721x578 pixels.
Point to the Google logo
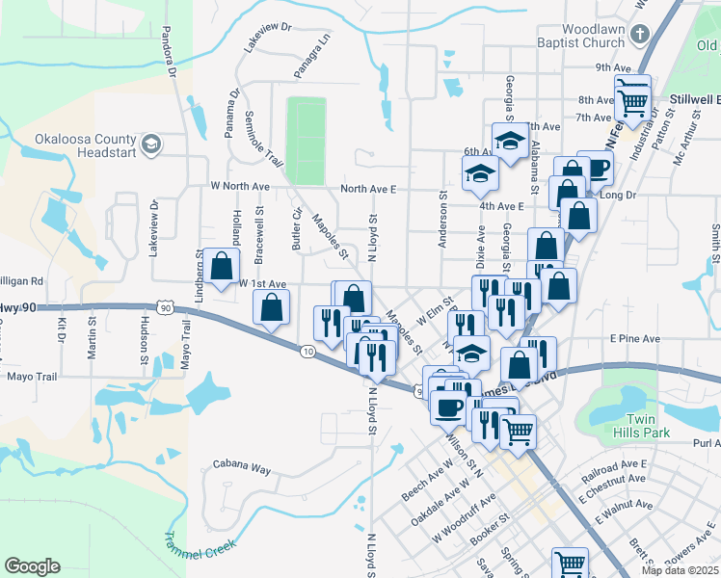(32, 566)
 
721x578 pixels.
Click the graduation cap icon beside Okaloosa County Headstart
(150, 145)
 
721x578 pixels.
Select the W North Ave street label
(237, 186)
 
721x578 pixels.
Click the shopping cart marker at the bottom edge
(569, 563)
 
